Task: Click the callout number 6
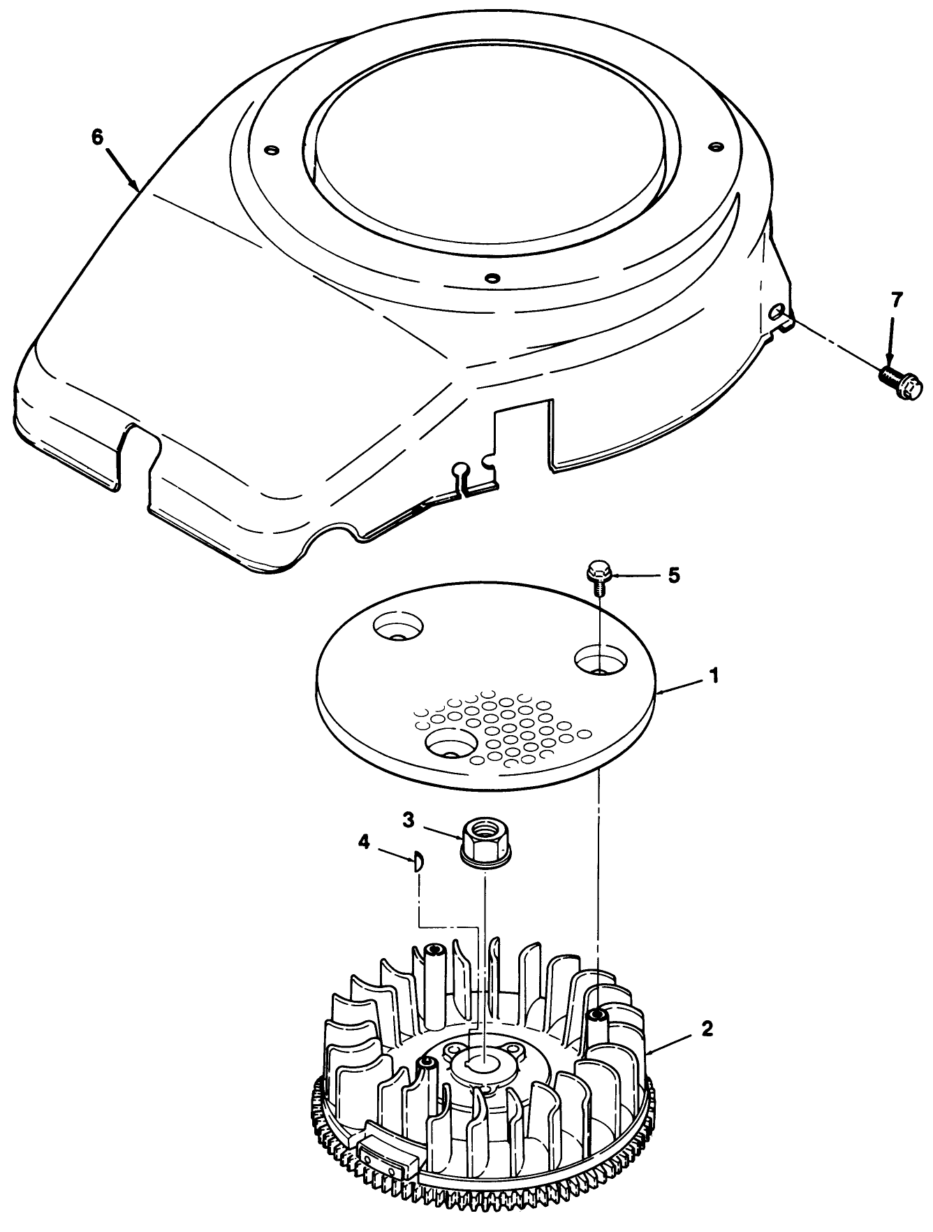pyautogui.click(x=97, y=136)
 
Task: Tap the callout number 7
pyautogui.click(x=897, y=301)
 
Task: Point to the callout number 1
pyautogui.click(x=713, y=676)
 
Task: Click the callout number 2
pyautogui.click(x=707, y=1029)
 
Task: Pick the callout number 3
pyautogui.click(x=410, y=819)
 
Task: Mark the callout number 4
pyautogui.click(x=363, y=843)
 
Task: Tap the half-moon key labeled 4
pyautogui.click(x=416, y=861)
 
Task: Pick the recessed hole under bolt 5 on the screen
pyautogui.click(x=601, y=660)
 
